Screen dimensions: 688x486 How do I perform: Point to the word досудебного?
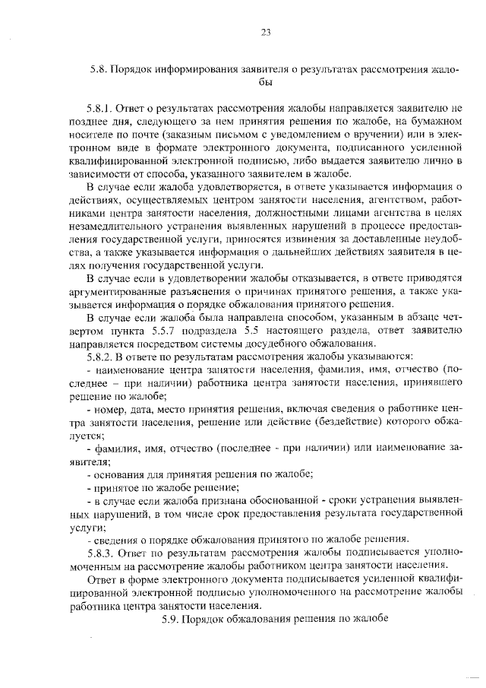[277, 344]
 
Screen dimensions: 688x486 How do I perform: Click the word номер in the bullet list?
[107, 409]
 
